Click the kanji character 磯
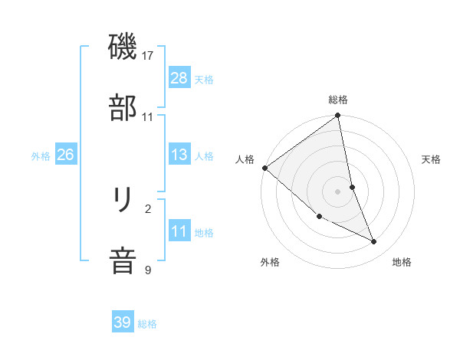tap(123, 47)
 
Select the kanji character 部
tap(123, 108)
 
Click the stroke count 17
tap(148, 56)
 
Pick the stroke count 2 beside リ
tap(148, 208)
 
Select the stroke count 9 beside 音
tap(148, 270)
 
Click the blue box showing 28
tap(179, 78)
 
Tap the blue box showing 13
tap(179, 155)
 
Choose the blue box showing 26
tap(65, 155)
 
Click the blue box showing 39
tap(123, 322)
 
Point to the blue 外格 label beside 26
tap(41, 156)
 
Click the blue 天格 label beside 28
tap(204, 80)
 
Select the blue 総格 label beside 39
tap(147, 324)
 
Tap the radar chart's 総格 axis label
tap(338, 100)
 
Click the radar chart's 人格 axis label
tap(245, 159)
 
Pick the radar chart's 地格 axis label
tap(402, 262)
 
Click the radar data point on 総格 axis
tap(338, 116)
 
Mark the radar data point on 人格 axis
tap(264, 168)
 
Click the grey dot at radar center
tap(338, 191)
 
